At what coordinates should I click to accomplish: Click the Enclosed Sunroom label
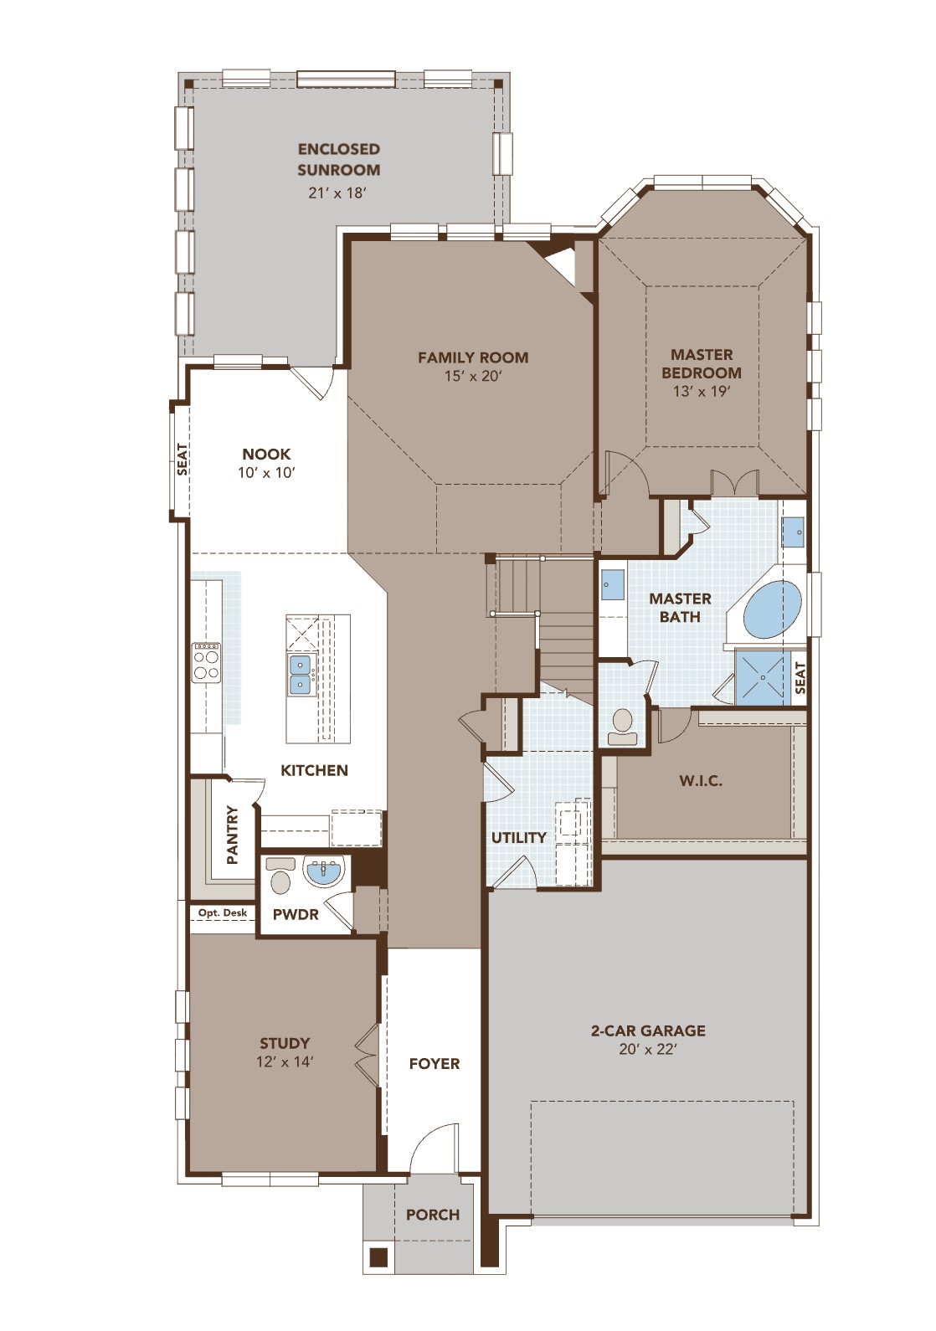coord(338,159)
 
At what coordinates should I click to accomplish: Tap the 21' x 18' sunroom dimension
coord(337,193)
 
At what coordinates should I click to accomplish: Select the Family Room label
coord(473,357)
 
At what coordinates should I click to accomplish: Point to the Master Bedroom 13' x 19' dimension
coord(702,391)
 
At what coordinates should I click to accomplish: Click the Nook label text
coord(266,454)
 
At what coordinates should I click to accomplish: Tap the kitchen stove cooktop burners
coord(206,662)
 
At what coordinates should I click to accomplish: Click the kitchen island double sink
coord(300,675)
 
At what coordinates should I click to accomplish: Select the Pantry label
coord(233,835)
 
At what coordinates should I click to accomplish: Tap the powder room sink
coord(323,871)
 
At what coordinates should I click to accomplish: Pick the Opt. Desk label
coord(223,912)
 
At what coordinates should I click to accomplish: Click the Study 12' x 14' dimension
coord(285,1061)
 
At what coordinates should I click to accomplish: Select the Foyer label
coord(435,1063)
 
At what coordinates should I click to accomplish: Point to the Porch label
coord(433,1215)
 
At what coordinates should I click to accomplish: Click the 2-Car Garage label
coord(648,1030)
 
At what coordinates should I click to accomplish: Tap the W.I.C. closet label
coord(701,781)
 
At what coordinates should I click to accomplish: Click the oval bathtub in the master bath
coord(772,610)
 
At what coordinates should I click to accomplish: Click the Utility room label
coord(519,837)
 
